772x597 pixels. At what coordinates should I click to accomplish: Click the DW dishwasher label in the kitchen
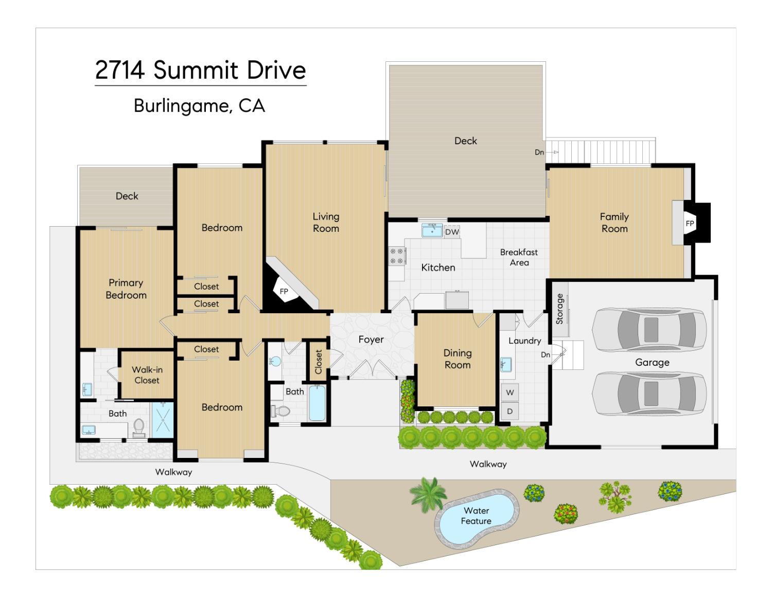point(452,232)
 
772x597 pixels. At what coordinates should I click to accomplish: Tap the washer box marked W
point(510,392)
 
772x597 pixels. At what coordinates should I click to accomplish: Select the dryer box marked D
point(510,411)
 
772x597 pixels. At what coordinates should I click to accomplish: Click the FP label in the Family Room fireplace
point(690,224)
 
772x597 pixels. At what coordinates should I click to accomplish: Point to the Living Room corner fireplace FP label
point(284,292)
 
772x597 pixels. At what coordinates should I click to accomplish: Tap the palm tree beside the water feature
point(428,494)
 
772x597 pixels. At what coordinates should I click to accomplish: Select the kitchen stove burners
point(396,256)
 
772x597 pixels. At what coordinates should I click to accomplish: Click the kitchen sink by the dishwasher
point(432,230)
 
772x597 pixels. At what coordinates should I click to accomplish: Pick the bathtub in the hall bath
point(317,403)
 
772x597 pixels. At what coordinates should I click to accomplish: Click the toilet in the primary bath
point(138,428)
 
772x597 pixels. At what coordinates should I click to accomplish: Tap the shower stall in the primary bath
point(163,420)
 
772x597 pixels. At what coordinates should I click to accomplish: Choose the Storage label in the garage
point(559,309)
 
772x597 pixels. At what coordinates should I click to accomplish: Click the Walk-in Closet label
point(147,375)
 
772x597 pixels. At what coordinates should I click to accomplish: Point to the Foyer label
point(371,339)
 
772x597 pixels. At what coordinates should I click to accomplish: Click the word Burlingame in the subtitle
point(183,106)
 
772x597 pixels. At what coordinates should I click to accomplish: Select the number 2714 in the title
point(120,70)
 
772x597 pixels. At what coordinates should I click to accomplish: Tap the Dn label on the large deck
point(539,152)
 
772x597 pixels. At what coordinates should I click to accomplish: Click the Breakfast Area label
point(519,258)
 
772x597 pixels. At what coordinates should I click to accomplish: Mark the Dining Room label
point(458,359)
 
